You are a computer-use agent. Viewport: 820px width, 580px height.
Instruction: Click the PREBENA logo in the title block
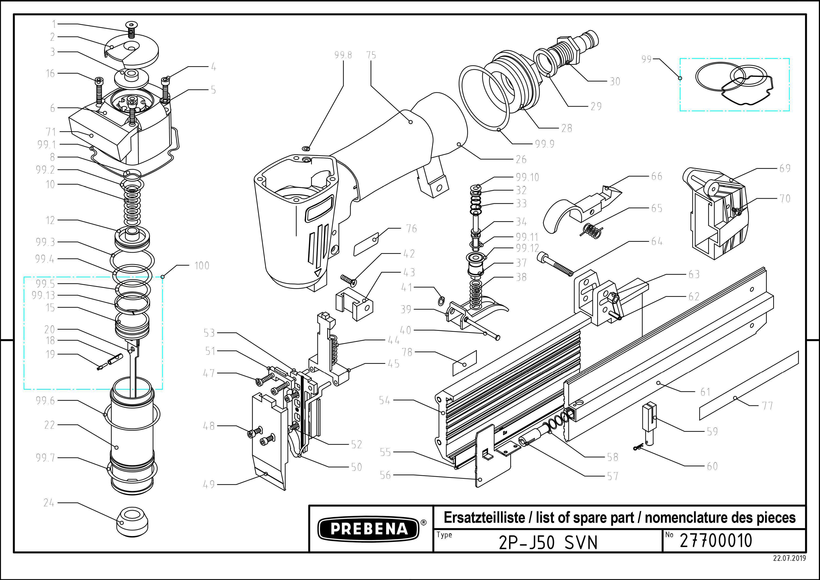click(369, 529)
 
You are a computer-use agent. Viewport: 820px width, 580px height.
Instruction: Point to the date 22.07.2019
click(789, 558)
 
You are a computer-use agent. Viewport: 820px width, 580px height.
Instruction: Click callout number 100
click(202, 266)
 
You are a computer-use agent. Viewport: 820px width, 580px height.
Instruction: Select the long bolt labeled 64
click(557, 264)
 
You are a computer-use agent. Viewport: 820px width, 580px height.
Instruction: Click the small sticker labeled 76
click(366, 244)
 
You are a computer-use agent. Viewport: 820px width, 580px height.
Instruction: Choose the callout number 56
click(385, 475)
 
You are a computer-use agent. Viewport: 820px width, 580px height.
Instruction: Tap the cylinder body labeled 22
click(132, 439)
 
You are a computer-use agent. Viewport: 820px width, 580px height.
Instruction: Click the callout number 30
click(615, 81)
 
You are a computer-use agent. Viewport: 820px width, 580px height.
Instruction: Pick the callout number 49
click(209, 484)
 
